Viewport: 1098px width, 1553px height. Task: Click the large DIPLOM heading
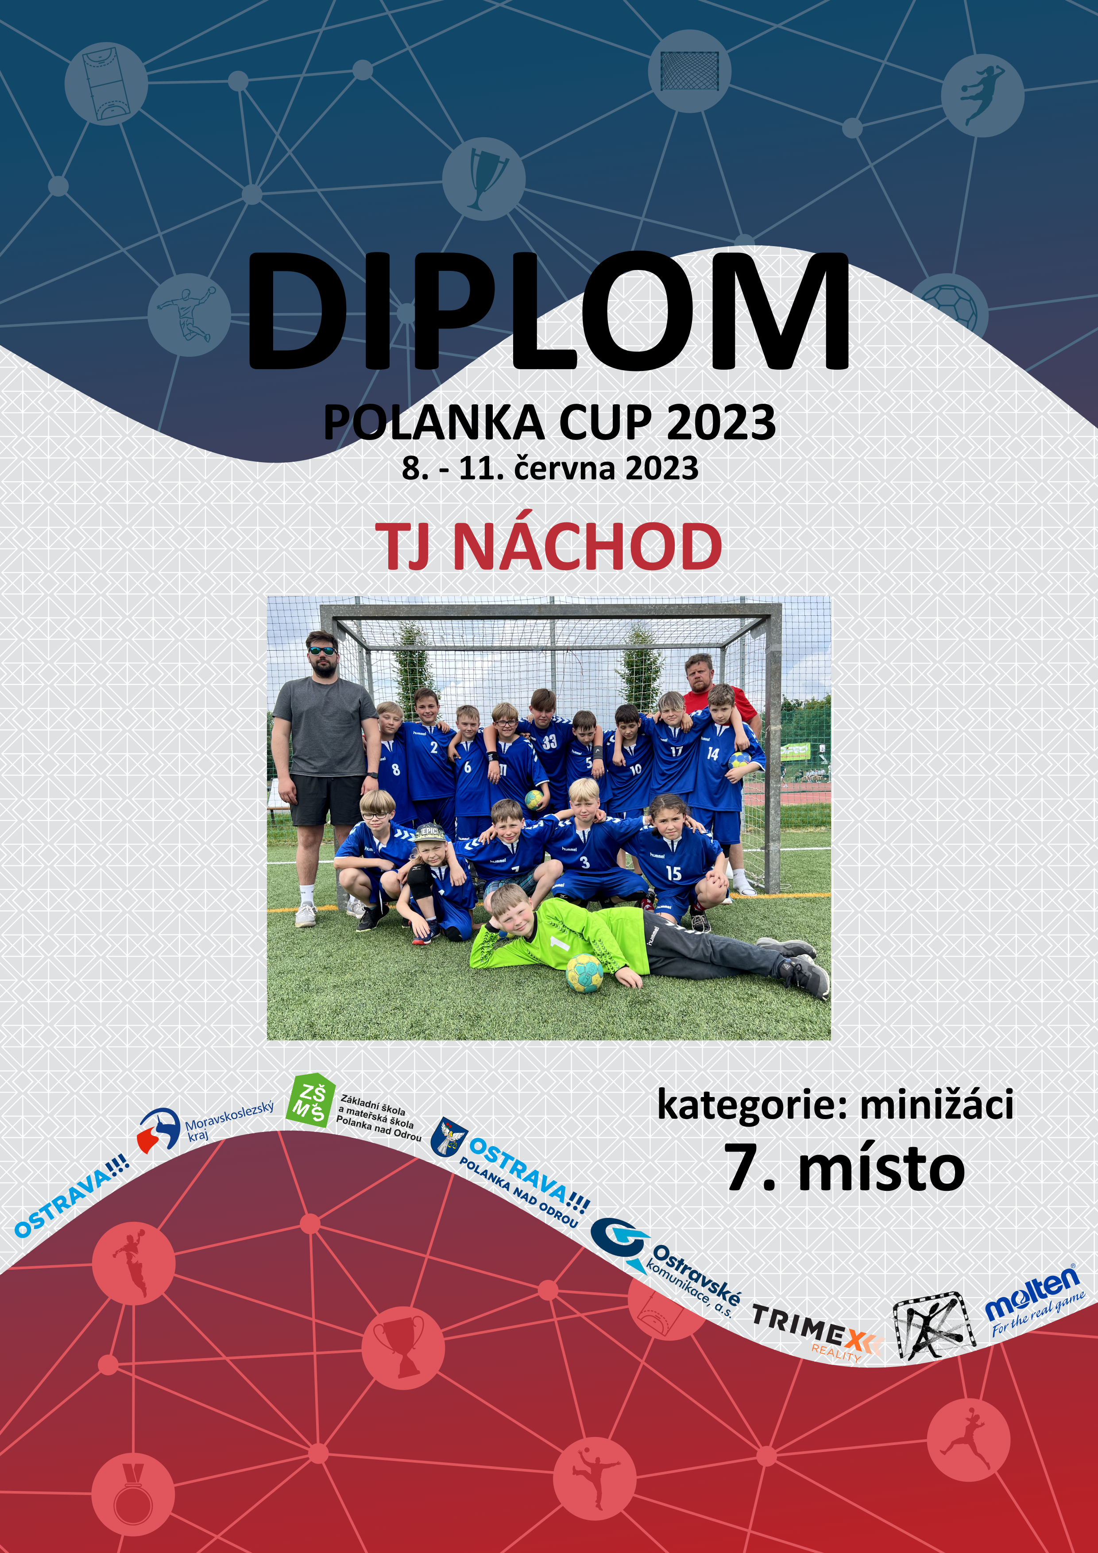(x=549, y=311)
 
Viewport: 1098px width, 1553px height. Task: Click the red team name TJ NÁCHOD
(x=549, y=547)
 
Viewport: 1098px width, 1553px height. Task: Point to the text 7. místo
(x=844, y=1168)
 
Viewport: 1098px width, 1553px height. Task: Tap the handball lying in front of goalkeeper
(x=584, y=973)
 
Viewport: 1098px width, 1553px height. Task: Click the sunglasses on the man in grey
(x=322, y=651)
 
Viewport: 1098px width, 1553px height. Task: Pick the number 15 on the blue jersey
(x=673, y=873)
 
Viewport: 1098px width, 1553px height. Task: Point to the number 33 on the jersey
(x=549, y=742)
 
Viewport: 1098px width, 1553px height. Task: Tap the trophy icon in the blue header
(x=484, y=178)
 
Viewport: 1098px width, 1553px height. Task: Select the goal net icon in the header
(x=689, y=71)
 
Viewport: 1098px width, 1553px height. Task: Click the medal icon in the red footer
(x=133, y=1494)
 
